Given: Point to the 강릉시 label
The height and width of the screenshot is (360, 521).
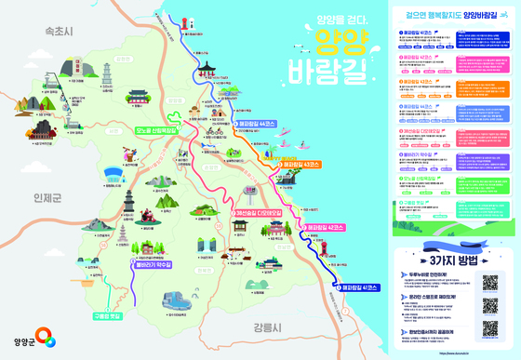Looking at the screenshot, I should [265, 327].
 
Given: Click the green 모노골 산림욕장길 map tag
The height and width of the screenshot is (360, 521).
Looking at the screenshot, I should [155, 131].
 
